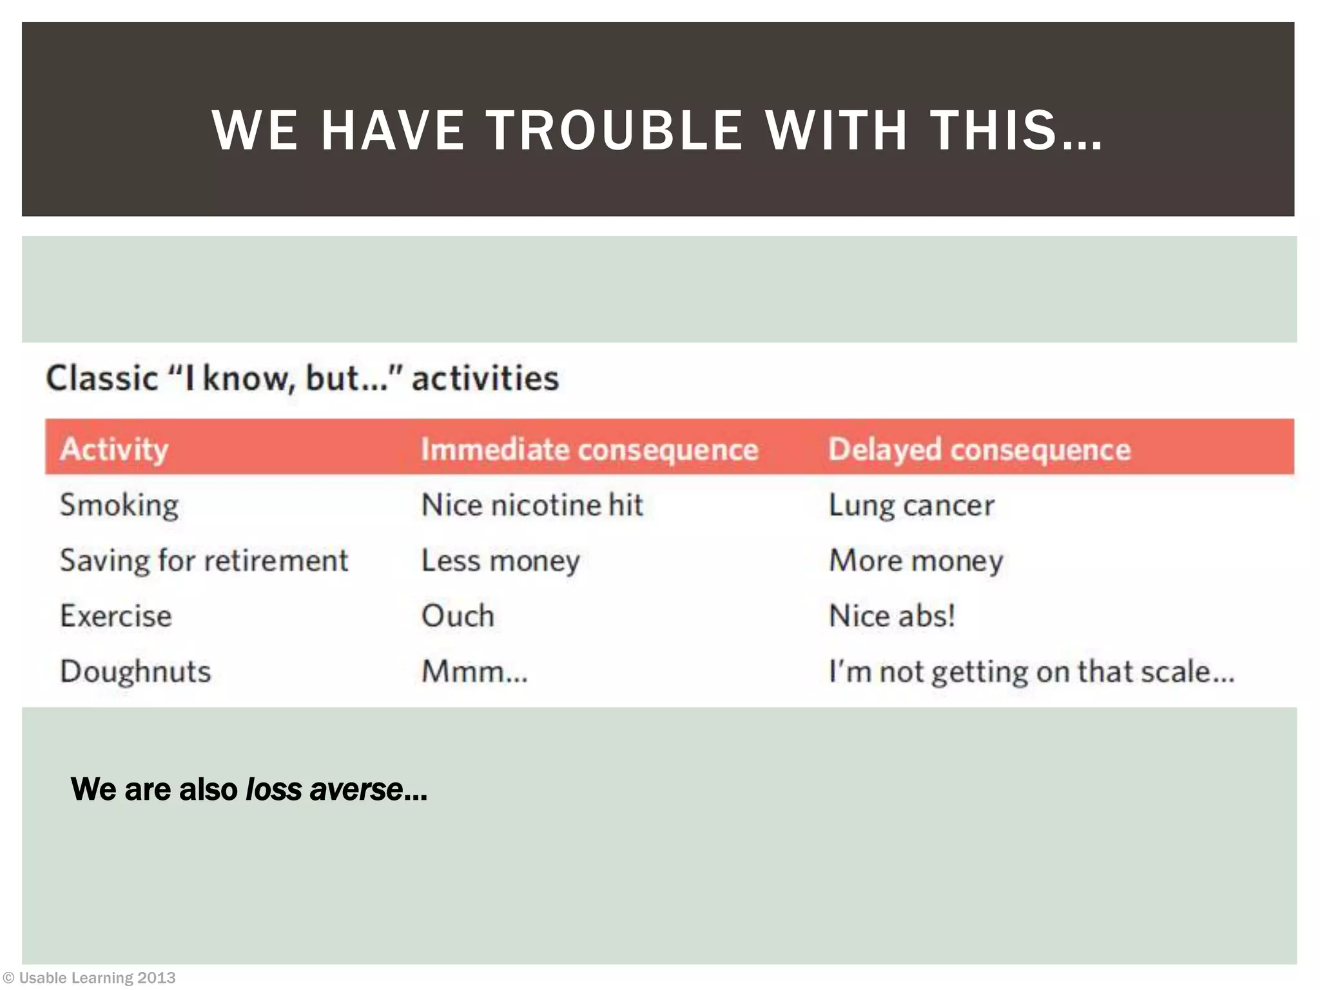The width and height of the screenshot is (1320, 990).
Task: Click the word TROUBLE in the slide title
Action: point(614,130)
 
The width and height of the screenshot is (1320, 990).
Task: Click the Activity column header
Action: point(114,449)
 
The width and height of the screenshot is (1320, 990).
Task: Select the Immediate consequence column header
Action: point(589,449)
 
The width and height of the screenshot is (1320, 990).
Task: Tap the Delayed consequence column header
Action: point(979,449)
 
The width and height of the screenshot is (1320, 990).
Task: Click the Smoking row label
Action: point(119,505)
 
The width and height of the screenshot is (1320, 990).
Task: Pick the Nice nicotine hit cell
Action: point(532,505)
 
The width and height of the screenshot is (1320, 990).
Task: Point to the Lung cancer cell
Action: point(911,505)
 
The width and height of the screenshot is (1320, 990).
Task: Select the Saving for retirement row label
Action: point(204,560)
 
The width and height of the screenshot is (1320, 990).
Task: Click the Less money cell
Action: point(500,560)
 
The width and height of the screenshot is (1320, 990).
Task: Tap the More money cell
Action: point(916,560)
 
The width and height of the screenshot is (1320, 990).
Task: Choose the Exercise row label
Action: point(116,616)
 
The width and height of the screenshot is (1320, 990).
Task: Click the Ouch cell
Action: point(458,616)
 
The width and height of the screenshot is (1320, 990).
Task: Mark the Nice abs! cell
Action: point(891,616)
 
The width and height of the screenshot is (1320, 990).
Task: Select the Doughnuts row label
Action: point(135,671)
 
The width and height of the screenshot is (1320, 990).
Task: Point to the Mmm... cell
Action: point(474,671)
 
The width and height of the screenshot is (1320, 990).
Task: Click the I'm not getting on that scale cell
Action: point(1031,671)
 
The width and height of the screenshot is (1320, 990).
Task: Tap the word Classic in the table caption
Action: point(102,378)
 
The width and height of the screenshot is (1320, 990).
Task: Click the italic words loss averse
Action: point(324,789)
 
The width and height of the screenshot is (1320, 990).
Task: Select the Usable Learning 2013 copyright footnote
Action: point(90,978)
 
